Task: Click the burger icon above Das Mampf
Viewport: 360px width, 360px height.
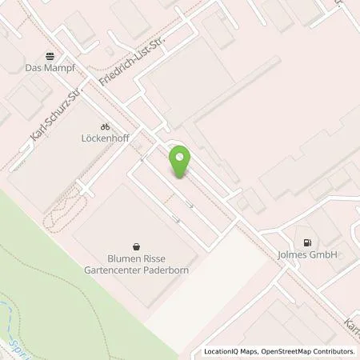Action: pyautogui.click(x=51, y=58)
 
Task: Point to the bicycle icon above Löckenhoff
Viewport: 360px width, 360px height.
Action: pyautogui.click(x=104, y=126)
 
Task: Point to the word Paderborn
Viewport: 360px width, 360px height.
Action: pyautogui.click(x=162, y=270)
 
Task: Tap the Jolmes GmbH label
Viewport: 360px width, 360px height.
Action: pyautogui.click(x=308, y=254)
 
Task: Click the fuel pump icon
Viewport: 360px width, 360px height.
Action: pyautogui.click(x=307, y=242)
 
